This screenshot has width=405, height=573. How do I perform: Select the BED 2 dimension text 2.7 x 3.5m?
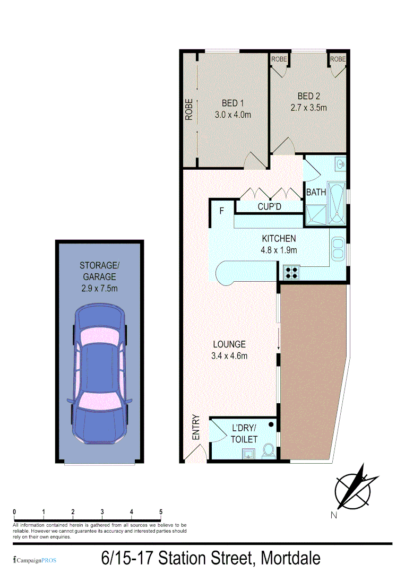pyautogui.click(x=308, y=107)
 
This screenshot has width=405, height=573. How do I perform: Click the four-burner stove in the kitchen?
pyautogui.click(x=291, y=272)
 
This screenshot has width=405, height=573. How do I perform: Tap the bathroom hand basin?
pyautogui.click(x=341, y=164)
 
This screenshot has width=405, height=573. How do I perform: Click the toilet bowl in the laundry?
pyautogui.click(x=269, y=451)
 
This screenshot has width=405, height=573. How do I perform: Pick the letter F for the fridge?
pyautogui.click(x=222, y=211)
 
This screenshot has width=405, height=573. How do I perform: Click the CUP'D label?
pyautogui.click(x=269, y=206)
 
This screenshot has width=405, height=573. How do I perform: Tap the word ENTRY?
pyautogui.click(x=195, y=427)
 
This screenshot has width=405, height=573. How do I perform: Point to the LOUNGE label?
pyautogui.click(x=229, y=344)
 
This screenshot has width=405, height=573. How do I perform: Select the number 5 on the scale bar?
pyautogui.click(x=160, y=511)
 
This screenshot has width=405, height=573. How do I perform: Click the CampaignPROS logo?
pyautogui.click(x=34, y=560)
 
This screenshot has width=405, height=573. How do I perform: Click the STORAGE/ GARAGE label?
pyautogui.click(x=98, y=271)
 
